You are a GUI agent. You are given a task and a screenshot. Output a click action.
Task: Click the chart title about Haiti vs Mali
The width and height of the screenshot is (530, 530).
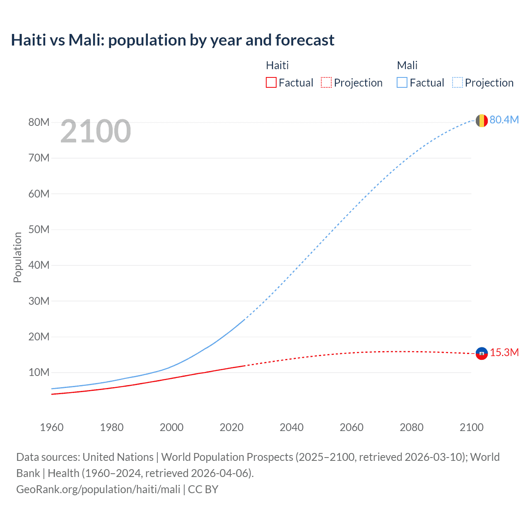point(173,40)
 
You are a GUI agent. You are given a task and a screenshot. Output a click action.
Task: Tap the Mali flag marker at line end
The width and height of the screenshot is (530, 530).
point(482,120)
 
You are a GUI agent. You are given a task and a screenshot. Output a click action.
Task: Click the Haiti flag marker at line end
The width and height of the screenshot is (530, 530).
point(482,353)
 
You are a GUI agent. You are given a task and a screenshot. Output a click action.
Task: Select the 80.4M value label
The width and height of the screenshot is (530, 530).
point(504,120)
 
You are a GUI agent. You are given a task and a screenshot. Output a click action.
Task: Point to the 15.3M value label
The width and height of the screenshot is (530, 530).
point(504,352)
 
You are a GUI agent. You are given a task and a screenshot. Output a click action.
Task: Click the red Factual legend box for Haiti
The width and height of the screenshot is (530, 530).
point(271,82)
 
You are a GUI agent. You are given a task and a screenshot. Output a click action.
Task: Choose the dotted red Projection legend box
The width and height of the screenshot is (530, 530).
point(326,82)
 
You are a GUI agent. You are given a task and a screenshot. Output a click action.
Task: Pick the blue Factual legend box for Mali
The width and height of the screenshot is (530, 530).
point(402,82)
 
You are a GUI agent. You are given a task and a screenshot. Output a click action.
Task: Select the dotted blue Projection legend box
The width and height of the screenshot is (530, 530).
point(458,82)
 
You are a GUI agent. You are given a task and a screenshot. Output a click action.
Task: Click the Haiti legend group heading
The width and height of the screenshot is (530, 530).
point(277,65)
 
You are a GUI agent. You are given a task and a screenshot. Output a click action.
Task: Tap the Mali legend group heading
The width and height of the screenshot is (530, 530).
point(407,65)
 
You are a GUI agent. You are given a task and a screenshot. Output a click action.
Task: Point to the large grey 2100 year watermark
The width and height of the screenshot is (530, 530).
point(96,131)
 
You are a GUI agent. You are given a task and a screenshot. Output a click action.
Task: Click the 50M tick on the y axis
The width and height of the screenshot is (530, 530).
point(39,229)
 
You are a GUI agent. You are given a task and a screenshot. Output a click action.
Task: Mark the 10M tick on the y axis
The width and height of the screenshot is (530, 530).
point(39,372)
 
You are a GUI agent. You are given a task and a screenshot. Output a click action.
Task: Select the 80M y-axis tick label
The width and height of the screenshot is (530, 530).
point(39,122)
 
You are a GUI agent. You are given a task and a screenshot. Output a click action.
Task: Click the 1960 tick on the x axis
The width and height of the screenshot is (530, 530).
point(52,427)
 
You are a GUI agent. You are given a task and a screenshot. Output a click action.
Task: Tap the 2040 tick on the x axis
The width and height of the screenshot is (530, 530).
point(291,427)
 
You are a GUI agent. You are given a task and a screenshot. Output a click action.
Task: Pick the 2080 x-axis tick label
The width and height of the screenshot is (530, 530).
point(412,427)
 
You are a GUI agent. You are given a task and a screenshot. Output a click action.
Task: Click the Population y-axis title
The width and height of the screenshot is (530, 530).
point(17,257)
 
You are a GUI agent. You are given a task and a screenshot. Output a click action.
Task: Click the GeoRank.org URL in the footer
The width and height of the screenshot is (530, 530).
point(98,489)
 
